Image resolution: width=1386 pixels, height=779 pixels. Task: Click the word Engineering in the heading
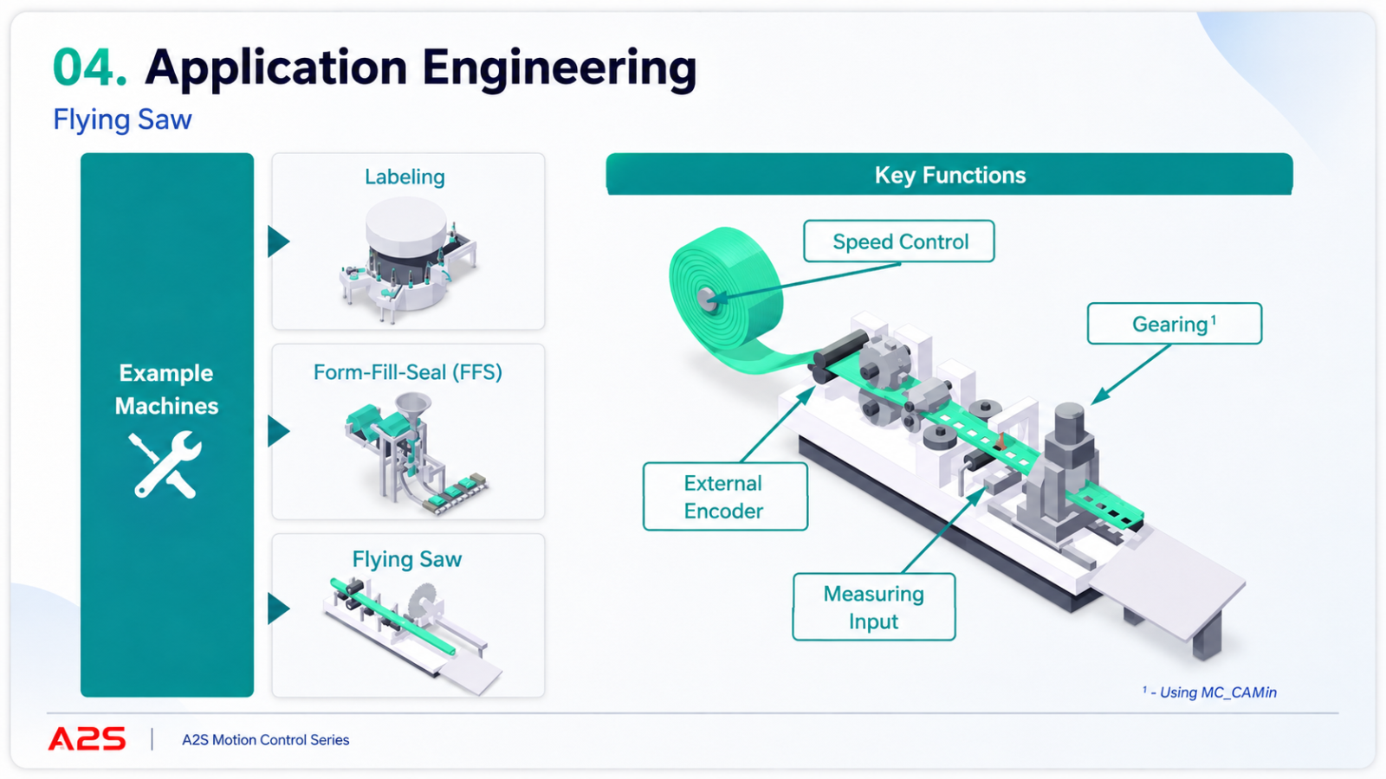[x=560, y=69]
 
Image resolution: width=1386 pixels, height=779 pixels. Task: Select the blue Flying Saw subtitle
[x=122, y=120]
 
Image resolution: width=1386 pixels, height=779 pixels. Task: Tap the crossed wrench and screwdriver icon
[x=165, y=465]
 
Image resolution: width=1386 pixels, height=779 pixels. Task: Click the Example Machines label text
[x=166, y=389]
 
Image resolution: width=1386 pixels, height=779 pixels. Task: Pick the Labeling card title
[x=405, y=177]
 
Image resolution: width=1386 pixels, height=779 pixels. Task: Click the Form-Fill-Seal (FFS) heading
[x=408, y=372]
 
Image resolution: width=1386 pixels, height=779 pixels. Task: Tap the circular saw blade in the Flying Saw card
[x=424, y=601]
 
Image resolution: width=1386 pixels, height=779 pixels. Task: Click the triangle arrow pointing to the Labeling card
[x=278, y=241]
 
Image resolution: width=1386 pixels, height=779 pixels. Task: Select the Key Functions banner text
[x=949, y=176]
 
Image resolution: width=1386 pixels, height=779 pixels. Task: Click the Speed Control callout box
[x=899, y=241]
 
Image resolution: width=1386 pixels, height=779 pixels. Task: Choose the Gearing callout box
[x=1175, y=324]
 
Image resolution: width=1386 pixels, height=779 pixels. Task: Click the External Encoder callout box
[x=725, y=497]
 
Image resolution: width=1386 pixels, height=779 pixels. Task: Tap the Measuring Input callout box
[x=874, y=607]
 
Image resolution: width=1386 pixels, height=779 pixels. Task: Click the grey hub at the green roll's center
[x=707, y=299]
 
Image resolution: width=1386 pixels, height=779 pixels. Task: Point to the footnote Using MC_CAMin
[x=1209, y=692]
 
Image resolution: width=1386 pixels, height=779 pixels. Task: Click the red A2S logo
[x=87, y=739]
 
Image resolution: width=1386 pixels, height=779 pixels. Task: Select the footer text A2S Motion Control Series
[x=265, y=740]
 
